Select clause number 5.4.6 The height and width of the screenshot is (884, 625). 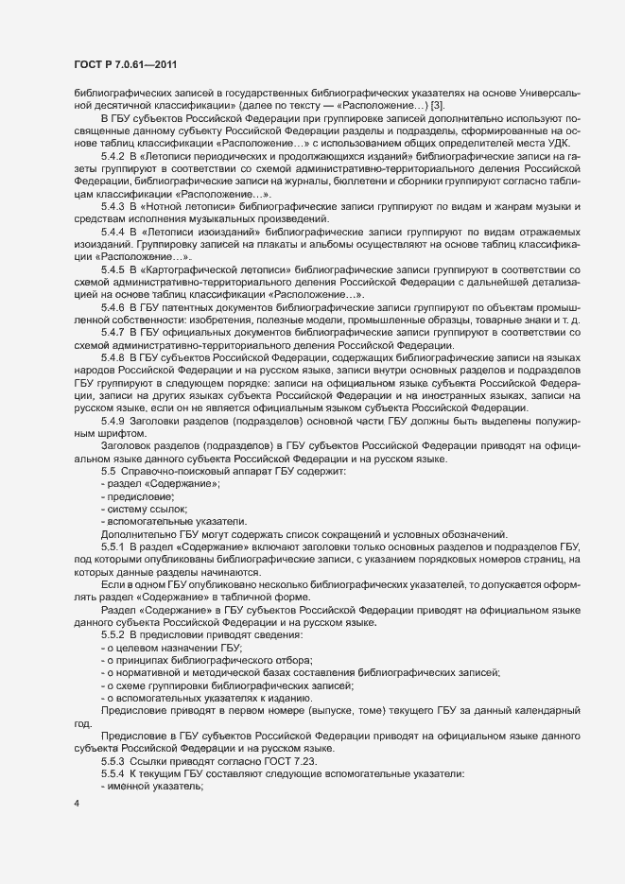[x=112, y=308]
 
